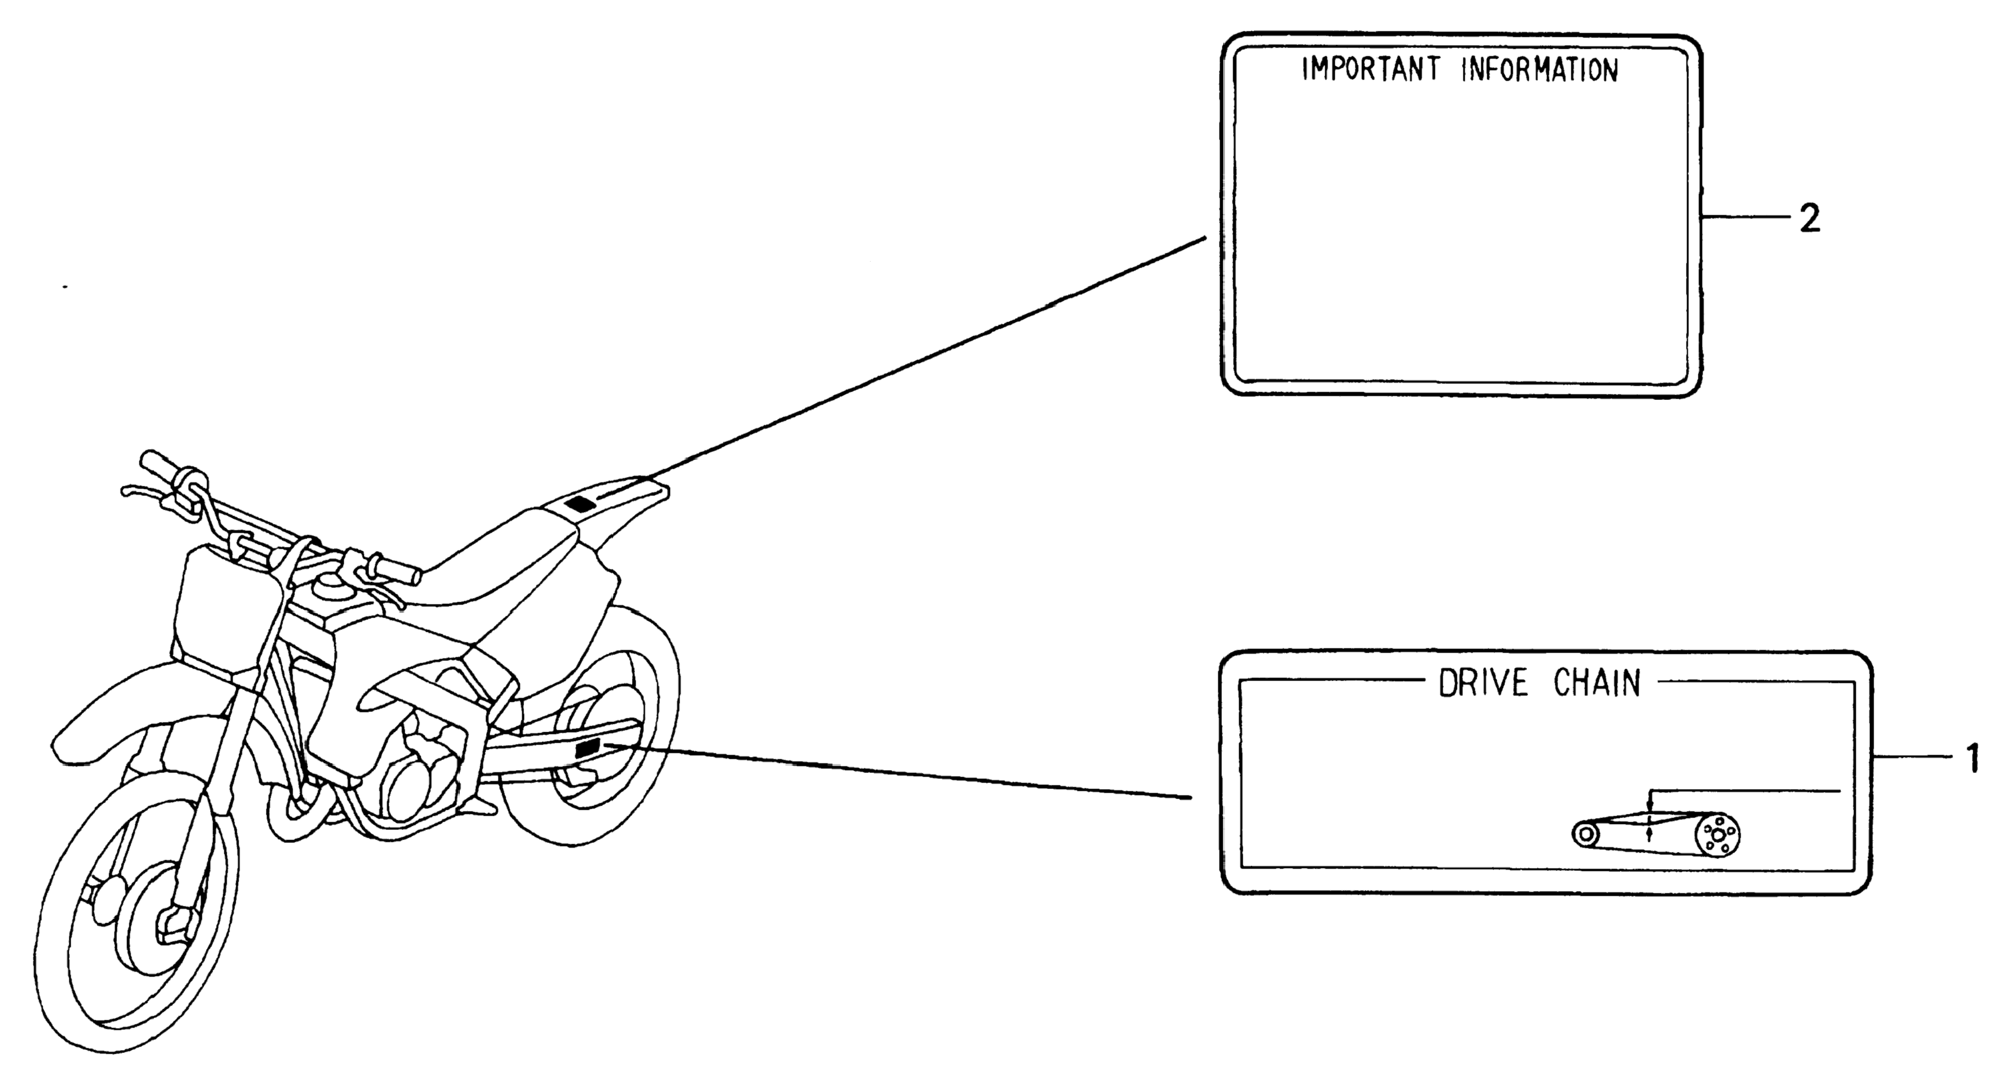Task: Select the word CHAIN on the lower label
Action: point(1596,683)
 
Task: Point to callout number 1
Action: point(1972,758)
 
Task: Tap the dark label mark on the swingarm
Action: point(587,749)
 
